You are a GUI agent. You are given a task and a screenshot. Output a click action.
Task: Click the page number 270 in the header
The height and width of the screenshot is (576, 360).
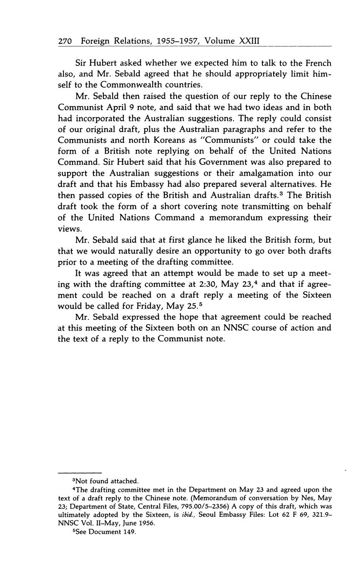point(65,41)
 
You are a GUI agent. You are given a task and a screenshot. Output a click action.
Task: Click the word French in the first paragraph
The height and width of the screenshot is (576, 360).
point(316,63)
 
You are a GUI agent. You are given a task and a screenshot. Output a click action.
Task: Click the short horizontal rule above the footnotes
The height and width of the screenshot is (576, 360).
point(80,473)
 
